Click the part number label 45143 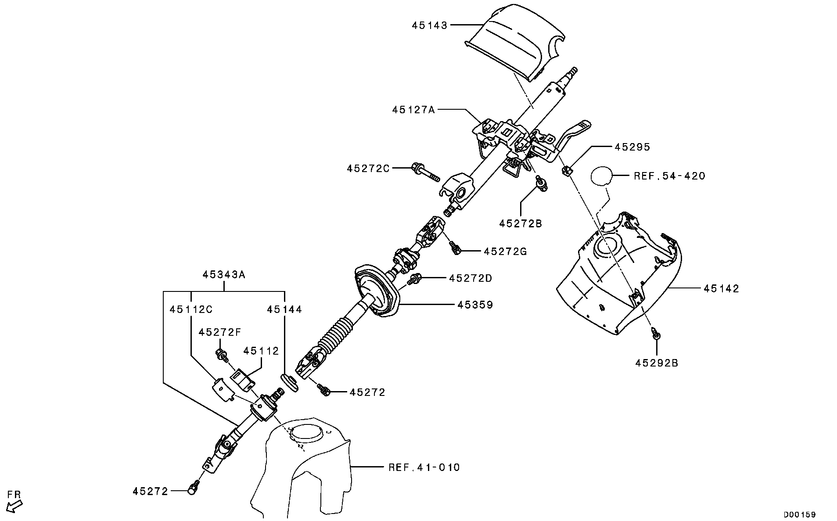coord(429,25)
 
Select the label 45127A coord(413,109)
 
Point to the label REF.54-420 coord(669,176)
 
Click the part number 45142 coord(722,288)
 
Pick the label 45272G coord(505,252)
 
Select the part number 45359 coord(475,304)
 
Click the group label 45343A coord(224,275)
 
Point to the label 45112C coord(191,309)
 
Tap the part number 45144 coord(284,309)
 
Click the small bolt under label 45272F coord(222,354)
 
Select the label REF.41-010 coord(424,467)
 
